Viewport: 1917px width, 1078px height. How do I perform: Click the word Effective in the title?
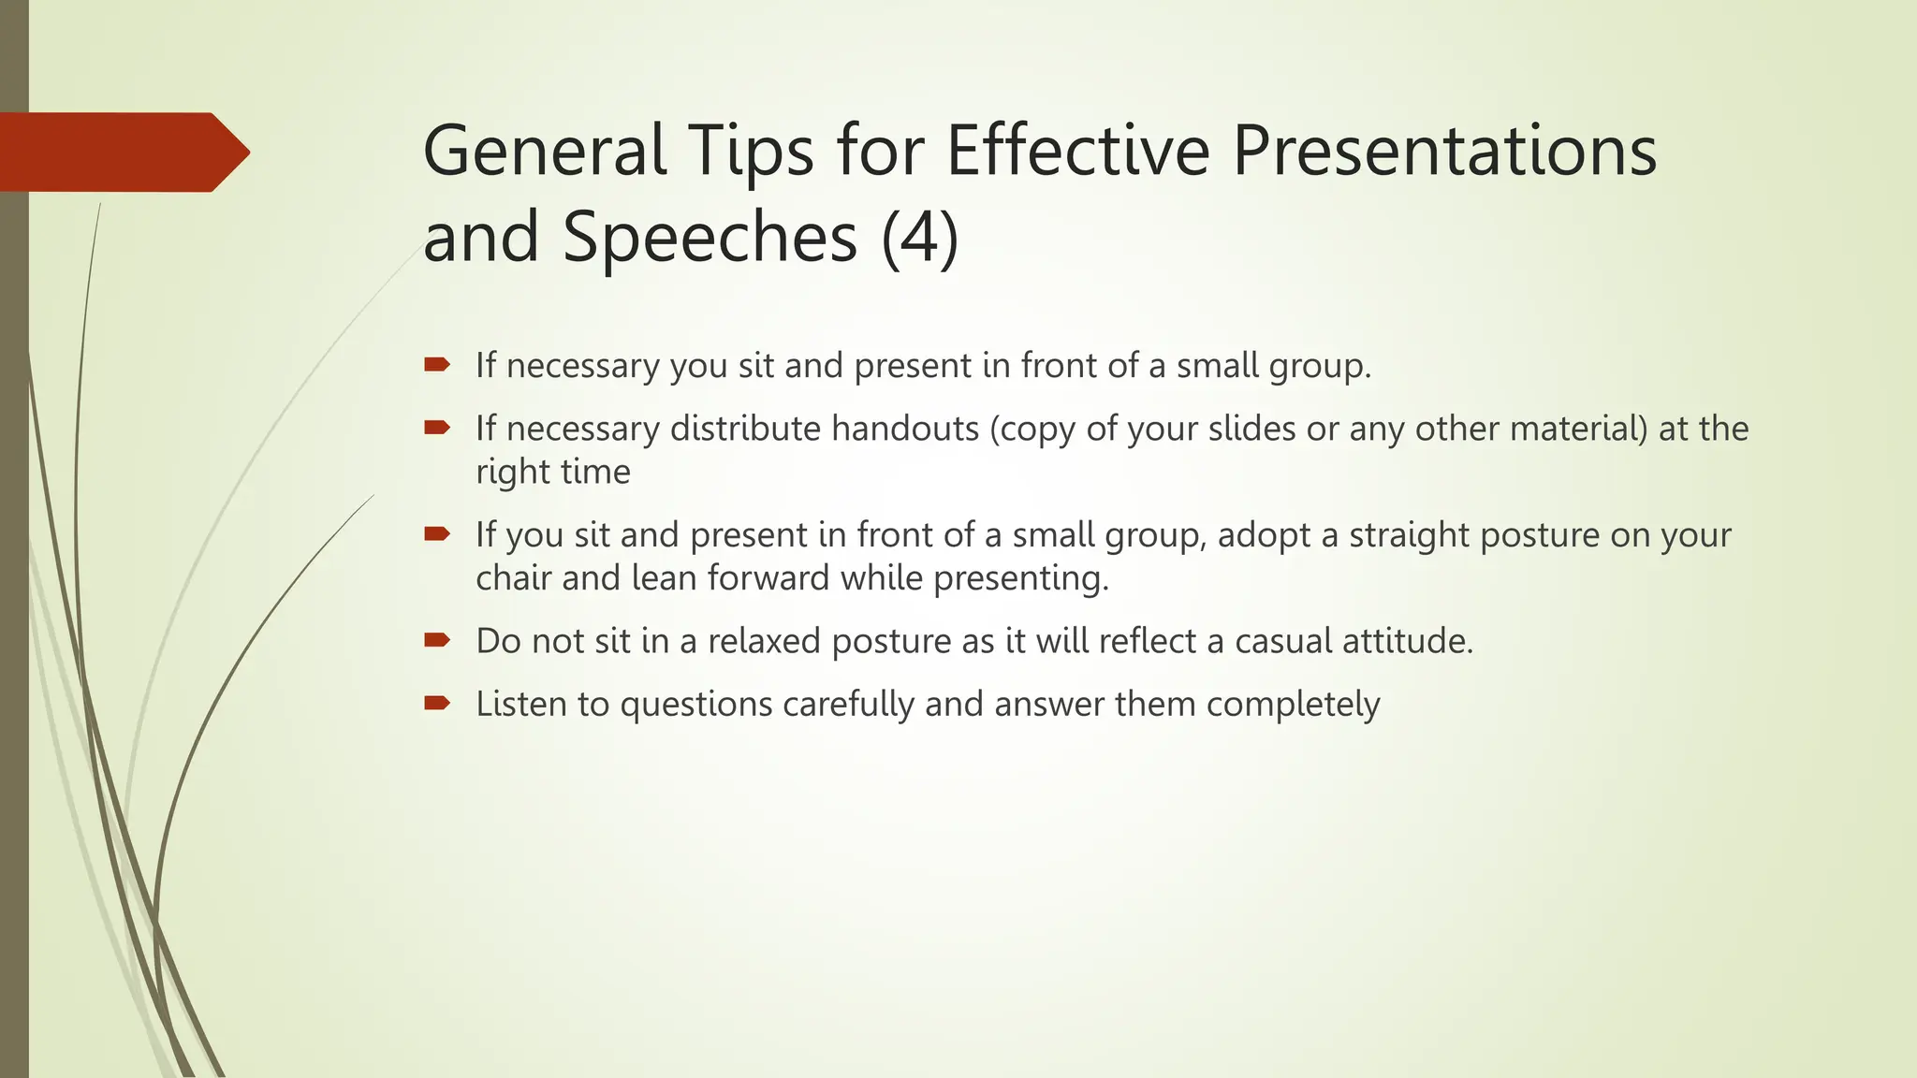[1078, 151]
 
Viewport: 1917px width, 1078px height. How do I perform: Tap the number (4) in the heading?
[919, 237]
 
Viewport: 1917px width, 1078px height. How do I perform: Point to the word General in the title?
[544, 151]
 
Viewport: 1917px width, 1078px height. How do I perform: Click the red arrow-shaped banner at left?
[122, 152]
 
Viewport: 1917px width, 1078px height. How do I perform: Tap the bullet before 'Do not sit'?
[437, 640]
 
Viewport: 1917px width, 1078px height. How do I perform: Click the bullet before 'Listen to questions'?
[437, 703]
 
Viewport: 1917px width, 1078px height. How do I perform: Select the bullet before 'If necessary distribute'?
[437, 428]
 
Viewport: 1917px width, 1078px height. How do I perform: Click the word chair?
[513, 577]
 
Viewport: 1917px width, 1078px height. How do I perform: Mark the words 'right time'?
[552, 472]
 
